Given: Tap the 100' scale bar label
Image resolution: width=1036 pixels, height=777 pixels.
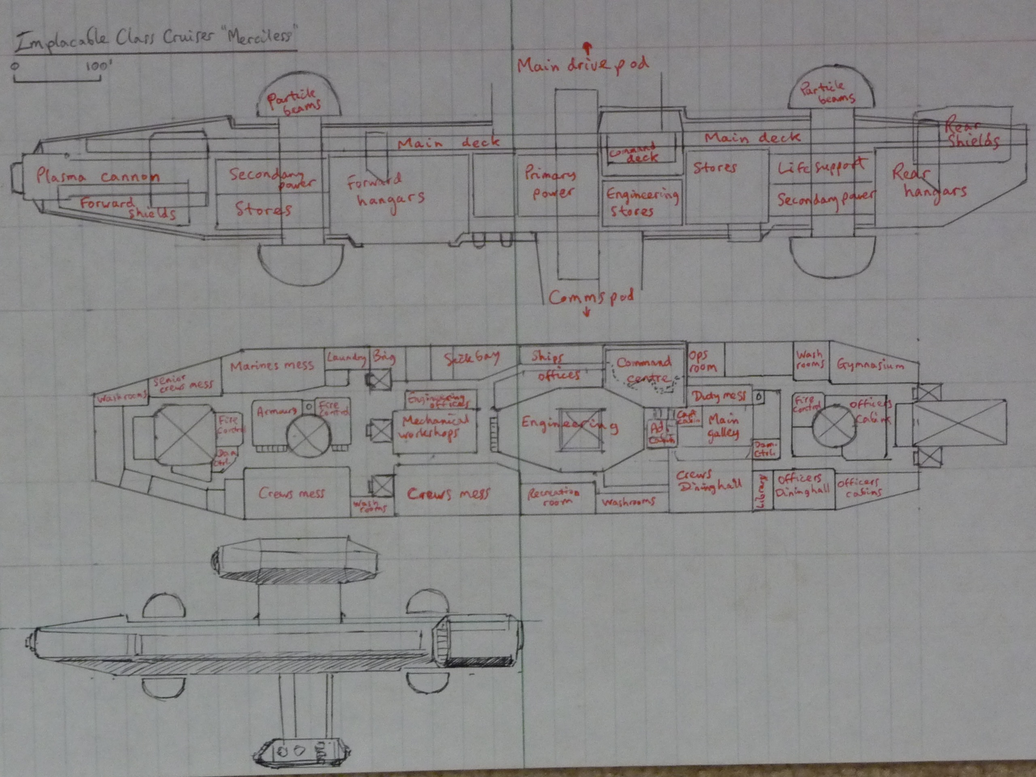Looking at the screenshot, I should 97,66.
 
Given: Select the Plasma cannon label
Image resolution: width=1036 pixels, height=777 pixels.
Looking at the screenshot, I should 98,176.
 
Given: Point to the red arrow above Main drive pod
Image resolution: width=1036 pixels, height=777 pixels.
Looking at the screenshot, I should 587,47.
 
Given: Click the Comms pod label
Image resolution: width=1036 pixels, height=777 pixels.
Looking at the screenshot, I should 592,297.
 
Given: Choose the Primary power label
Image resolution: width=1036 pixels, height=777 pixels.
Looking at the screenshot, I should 551,183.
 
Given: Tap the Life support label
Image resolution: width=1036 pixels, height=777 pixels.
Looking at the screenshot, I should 822,166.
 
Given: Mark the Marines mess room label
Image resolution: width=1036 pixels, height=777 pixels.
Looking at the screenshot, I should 272,365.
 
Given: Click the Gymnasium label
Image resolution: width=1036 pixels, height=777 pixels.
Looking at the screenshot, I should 870,365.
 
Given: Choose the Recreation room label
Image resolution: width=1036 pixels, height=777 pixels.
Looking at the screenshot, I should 554,497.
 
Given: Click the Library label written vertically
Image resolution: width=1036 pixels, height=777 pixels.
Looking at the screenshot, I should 761,491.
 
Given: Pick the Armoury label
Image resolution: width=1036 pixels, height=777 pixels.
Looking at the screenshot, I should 276,412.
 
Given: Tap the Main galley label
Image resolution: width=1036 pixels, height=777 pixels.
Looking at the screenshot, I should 723,426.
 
